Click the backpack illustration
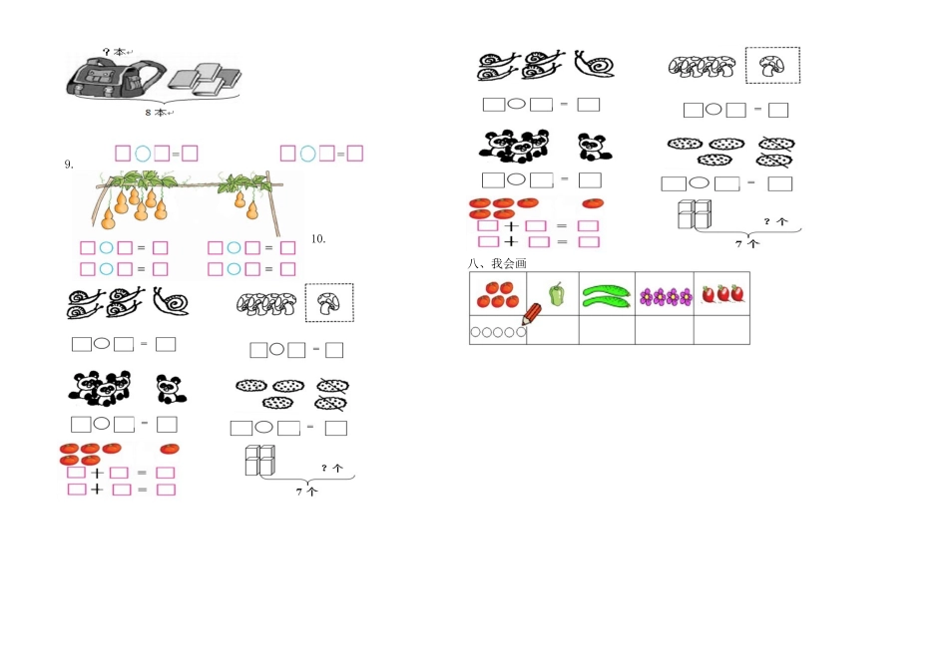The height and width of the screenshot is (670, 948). coord(115,77)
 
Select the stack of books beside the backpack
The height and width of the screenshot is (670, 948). coord(205,79)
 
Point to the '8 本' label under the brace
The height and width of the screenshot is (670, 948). coord(160,113)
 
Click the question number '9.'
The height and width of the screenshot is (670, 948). coord(69,165)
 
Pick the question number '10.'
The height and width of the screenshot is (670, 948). coord(318,238)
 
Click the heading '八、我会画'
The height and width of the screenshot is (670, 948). coord(497,263)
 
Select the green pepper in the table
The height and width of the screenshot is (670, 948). coord(556,294)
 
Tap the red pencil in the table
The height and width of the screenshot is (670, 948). coord(532,314)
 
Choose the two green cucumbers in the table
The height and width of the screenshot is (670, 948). coord(607,297)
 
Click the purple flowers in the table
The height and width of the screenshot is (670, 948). coord(666,297)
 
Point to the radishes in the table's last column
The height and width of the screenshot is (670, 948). coord(721,294)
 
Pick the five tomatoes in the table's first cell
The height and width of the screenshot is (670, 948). coord(498,294)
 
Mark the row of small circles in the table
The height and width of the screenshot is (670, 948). coord(498,332)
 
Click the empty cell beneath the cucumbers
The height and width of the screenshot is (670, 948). coord(607,330)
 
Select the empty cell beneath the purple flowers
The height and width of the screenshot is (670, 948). coord(665,330)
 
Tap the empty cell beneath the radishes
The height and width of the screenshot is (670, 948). coord(721,330)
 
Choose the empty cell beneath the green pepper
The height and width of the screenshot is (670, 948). coord(553,330)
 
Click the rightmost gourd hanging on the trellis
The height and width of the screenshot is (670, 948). coord(251,210)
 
